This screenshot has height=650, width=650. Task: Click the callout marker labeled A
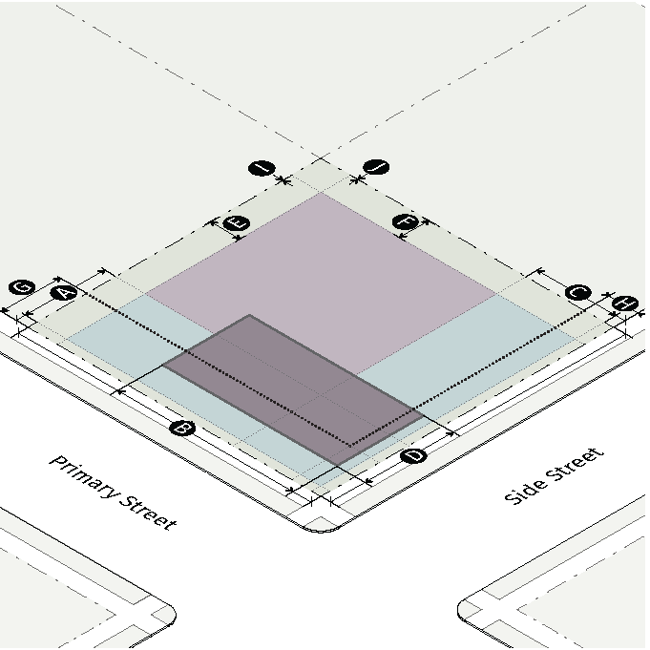tap(63, 293)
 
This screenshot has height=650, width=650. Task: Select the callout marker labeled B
tap(181, 429)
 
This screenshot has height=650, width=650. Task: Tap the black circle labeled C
tap(577, 293)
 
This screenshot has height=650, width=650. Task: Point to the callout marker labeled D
tap(413, 457)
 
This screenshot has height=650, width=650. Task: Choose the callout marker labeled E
tap(236, 223)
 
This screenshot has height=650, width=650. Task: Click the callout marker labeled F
tap(406, 223)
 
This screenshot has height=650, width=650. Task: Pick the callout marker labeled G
tap(21, 287)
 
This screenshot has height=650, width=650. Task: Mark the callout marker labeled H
tap(625, 304)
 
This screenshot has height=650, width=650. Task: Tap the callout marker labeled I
tap(261, 169)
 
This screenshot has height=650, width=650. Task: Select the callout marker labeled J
tap(378, 169)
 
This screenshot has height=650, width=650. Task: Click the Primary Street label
tap(113, 493)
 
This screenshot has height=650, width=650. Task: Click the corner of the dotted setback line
tap(349, 445)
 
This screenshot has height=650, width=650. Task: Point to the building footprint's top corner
tap(249, 315)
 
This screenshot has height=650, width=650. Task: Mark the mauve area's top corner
tap(322, 194)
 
